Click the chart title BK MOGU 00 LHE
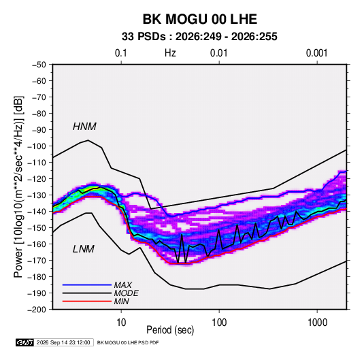199,19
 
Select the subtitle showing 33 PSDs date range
199,37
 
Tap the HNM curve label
84,127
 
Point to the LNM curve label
83,249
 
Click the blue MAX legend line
87,285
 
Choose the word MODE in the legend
127,293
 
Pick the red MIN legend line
87,301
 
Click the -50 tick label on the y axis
39,65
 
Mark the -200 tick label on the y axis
37,310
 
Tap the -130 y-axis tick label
37,195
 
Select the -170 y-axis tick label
37,261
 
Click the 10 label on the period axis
121,323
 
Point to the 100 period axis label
219,323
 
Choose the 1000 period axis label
317,323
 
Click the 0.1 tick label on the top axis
121,53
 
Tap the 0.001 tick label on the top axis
317,53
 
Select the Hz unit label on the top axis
170,53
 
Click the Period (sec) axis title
170,330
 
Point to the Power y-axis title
18,186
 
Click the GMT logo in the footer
24,342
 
